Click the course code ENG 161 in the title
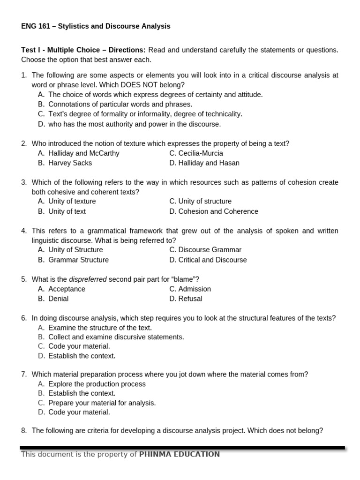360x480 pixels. (x=34, y=26)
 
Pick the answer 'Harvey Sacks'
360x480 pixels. (x=70, y=163)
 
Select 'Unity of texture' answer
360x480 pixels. (x=72, y=202)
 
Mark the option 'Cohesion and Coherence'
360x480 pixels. (x=218, y=211)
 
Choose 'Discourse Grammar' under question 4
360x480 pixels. (x=210, y=250)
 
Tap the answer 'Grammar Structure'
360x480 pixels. (x=78, y=260)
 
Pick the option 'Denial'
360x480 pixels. (x=58, y=299)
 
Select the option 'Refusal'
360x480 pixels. (x=190, y=299)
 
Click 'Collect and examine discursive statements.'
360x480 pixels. (x=116, y=337)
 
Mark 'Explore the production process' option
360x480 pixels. (x=97, y=384)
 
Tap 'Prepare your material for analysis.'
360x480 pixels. (x=102, y=403)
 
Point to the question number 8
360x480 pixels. (x=24, y=430)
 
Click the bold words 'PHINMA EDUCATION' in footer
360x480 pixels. (x=180, y=454)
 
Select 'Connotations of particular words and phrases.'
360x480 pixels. (x=120, y=104)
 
